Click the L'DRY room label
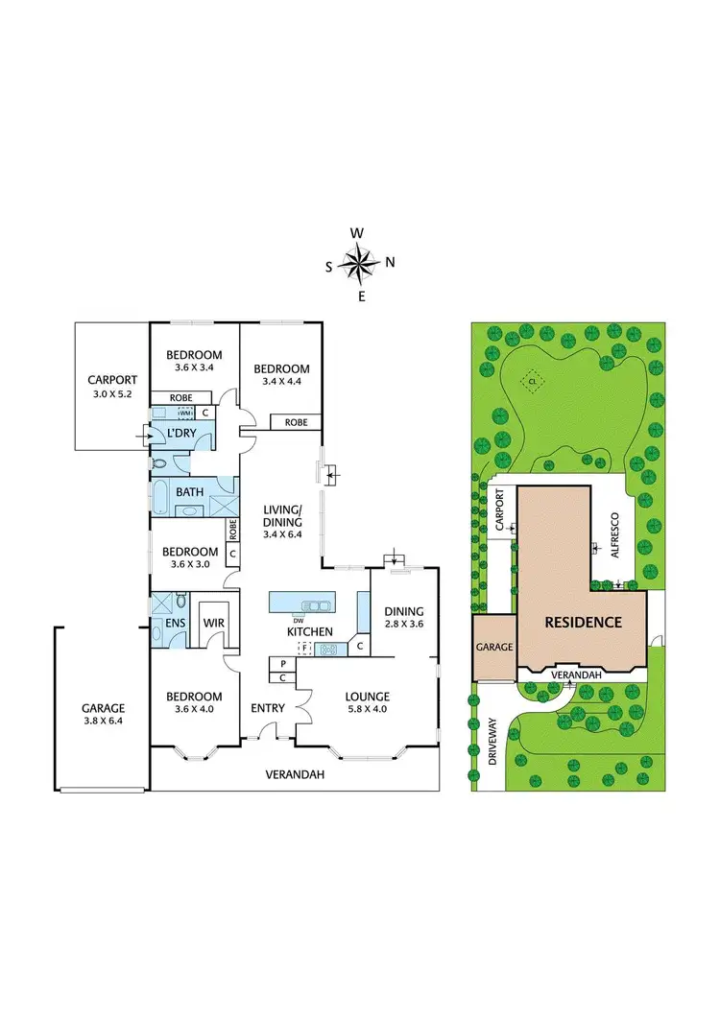pos(181,435)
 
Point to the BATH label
pos(189,492)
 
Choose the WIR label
pos(213,623)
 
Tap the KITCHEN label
pos(309,631)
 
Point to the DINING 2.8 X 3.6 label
pos(404,616)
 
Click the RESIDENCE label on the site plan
pos(583,622)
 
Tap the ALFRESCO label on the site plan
pos(612,527)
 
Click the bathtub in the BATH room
pos(162,498)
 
